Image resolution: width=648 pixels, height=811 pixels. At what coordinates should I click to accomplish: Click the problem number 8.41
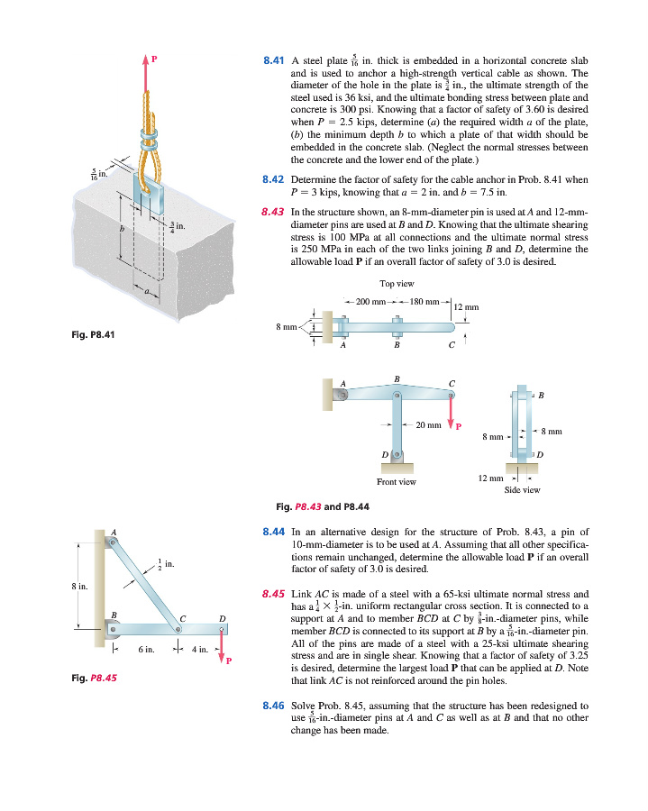[x=273, y=60]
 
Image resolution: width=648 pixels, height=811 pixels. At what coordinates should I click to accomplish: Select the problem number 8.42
[x=273, y=179]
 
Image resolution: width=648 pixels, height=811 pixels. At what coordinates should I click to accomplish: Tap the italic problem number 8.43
[x=273, y=213]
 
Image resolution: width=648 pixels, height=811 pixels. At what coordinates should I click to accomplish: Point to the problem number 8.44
[x=273, y=535]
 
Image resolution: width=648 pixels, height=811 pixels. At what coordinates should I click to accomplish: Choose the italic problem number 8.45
[x=273, y=595]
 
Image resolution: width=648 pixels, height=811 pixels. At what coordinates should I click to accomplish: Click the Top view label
[x=397, y=284]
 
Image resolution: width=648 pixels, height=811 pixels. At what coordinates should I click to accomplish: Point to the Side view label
[x=523, y=491]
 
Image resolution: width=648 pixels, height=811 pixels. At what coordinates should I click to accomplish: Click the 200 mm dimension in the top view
[x=373, y=300]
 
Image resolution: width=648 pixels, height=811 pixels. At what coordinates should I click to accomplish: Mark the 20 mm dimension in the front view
[x=427, y=424]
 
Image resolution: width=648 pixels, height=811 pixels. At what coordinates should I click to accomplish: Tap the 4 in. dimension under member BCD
[x=204, y=649]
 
